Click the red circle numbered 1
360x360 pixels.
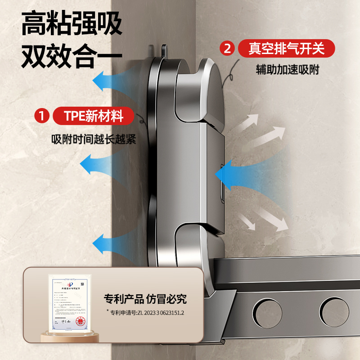[42, 117]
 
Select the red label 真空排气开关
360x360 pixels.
[286, 48]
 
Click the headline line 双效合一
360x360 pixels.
[72, 57]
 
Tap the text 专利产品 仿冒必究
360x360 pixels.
[145, 298]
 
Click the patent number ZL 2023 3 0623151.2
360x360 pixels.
[146, 312]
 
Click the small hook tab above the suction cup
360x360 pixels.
[162, 50]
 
